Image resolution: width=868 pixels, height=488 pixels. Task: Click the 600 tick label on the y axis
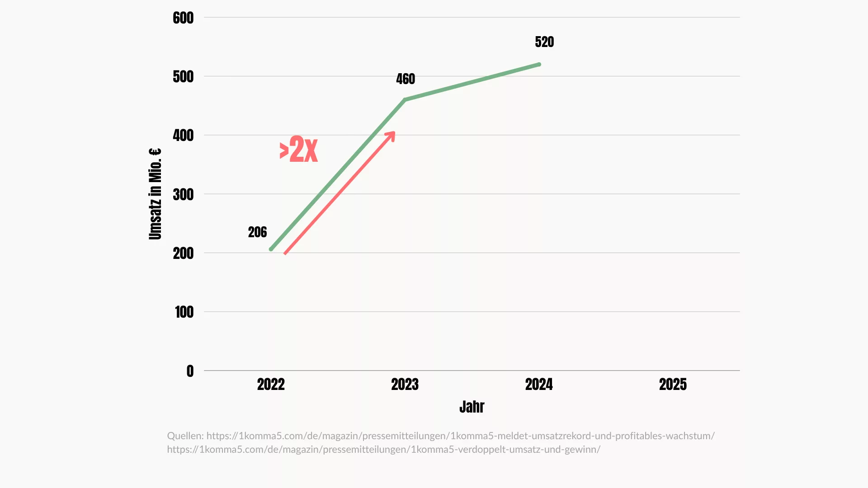coord(183,18)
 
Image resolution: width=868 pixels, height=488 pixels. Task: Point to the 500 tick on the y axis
coord(183,77)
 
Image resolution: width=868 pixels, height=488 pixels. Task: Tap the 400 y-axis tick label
coord(183,136)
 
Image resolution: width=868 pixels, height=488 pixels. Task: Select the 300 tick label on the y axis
coord(183,195)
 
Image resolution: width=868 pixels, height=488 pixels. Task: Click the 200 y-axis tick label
coord(183,253)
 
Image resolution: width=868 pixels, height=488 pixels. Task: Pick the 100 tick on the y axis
coord(184,312)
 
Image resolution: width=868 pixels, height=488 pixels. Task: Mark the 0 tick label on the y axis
coord(190,371)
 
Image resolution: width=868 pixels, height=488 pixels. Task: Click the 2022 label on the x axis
coord(271,385)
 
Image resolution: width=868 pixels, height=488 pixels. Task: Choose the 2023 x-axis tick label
coord(405,385)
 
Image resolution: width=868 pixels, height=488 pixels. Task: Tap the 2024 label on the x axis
coord(539,385)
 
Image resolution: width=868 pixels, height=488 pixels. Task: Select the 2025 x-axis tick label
coord(673,385)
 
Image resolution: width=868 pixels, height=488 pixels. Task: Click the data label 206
coord(257,232)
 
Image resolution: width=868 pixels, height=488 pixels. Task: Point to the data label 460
coord(406,79)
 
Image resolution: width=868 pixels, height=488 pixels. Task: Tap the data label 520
coord(544,42)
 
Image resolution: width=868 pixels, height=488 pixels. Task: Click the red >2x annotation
coord(299,150)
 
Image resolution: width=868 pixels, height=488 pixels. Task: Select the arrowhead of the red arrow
coord(391,136)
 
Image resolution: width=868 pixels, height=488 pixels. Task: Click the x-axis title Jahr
coord(472,407)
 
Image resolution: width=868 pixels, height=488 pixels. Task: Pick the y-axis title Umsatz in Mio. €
coord(155,194)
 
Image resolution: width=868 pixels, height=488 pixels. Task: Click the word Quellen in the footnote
coord(185,436)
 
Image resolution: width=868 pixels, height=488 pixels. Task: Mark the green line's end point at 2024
coord(539,65)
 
